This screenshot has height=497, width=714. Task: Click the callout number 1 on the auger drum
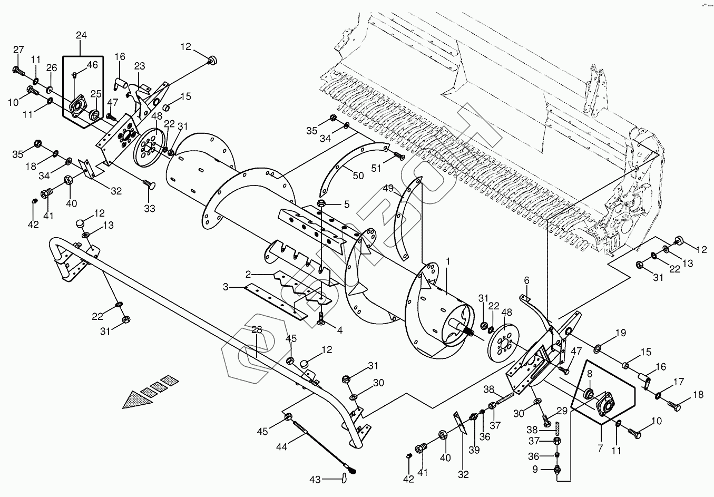[448, 261]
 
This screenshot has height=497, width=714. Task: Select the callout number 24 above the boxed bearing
[81, 36]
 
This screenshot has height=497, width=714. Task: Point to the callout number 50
[358, 176]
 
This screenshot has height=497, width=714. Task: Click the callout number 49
[388, 188]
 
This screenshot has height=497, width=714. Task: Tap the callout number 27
[19, 50]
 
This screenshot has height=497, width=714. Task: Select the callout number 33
[150, 208]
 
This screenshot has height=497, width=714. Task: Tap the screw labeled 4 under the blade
[321, 319]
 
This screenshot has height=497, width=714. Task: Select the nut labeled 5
[321, 204]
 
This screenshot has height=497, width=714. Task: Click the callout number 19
[621, 333]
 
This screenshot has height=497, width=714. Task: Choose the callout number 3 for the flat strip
[226, 287]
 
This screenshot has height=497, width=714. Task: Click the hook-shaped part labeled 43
[344, 477]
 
